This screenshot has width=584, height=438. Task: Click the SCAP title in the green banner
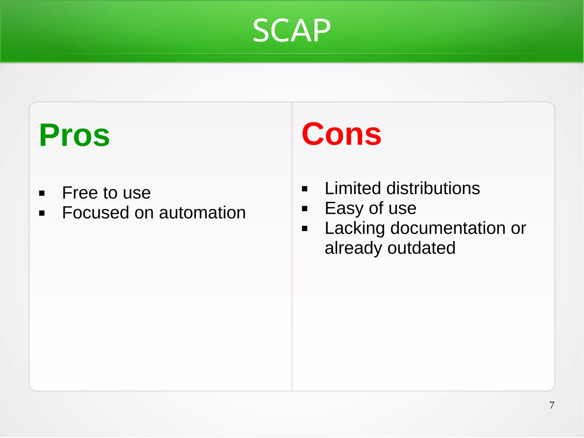(x=291, y=31)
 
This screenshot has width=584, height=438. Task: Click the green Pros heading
(x=74, y=135)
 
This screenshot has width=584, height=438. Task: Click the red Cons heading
(x=341, y=134)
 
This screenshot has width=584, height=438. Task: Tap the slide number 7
(x=552, y=405)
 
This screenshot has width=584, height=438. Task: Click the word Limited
(x=353, y=188)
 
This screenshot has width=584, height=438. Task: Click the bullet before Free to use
(x=42, y=193)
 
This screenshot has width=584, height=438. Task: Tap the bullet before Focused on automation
(x=42, y=213)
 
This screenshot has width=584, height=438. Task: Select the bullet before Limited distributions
(x=305, y=189)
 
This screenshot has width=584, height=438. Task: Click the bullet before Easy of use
(x=305, y=209)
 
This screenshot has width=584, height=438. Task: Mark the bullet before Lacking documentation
(x=305, y=229)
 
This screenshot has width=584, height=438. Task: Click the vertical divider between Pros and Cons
(x=292, y=285)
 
